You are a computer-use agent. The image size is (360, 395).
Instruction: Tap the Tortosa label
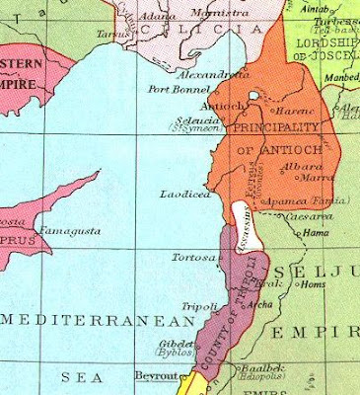(x=193, y=258)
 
